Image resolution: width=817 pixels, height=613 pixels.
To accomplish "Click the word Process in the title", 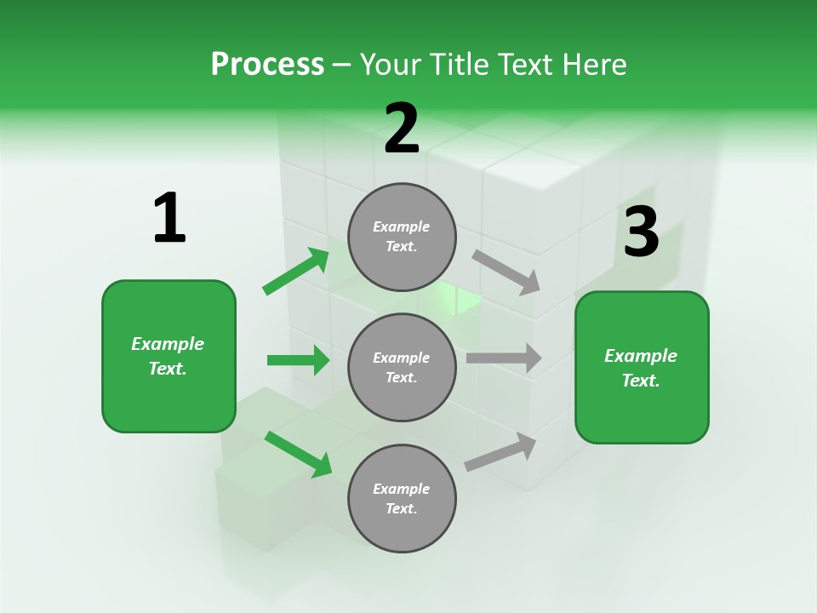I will [267, 65].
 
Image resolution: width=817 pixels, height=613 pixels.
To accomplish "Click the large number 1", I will [169, 218].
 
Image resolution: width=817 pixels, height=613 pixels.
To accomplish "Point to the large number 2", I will [402, 129].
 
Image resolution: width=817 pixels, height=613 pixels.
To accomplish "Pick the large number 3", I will [641, 232].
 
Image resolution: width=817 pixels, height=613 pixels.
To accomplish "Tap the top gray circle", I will [402, 237].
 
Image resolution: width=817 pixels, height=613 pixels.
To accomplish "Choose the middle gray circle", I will [402, 367].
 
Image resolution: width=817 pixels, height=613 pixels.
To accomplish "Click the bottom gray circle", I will [402, 498].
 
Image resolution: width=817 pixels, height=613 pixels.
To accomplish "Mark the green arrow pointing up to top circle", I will [295, 272].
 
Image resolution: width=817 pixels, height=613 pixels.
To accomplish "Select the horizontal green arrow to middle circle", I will [298, 360].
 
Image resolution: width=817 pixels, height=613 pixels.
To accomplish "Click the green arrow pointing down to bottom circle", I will [298, 454].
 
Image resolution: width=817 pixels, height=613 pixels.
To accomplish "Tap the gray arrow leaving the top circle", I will [506, 272].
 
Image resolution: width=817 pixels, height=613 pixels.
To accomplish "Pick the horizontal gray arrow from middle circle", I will [503, 358].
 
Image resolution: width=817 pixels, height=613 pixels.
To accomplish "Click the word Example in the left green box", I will [168, 344].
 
